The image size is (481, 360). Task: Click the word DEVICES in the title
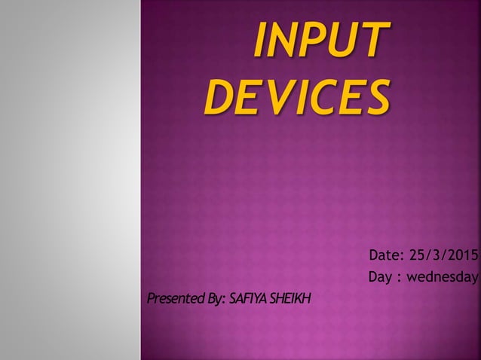(x=297, y=97)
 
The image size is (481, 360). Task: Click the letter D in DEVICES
(x=219, y=97)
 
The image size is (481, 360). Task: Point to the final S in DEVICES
(x=378, y=97)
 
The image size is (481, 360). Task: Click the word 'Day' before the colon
(x=380, y=279)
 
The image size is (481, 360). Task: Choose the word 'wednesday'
(x=443, y=279)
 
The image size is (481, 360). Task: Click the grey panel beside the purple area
(x=69, y=181)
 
